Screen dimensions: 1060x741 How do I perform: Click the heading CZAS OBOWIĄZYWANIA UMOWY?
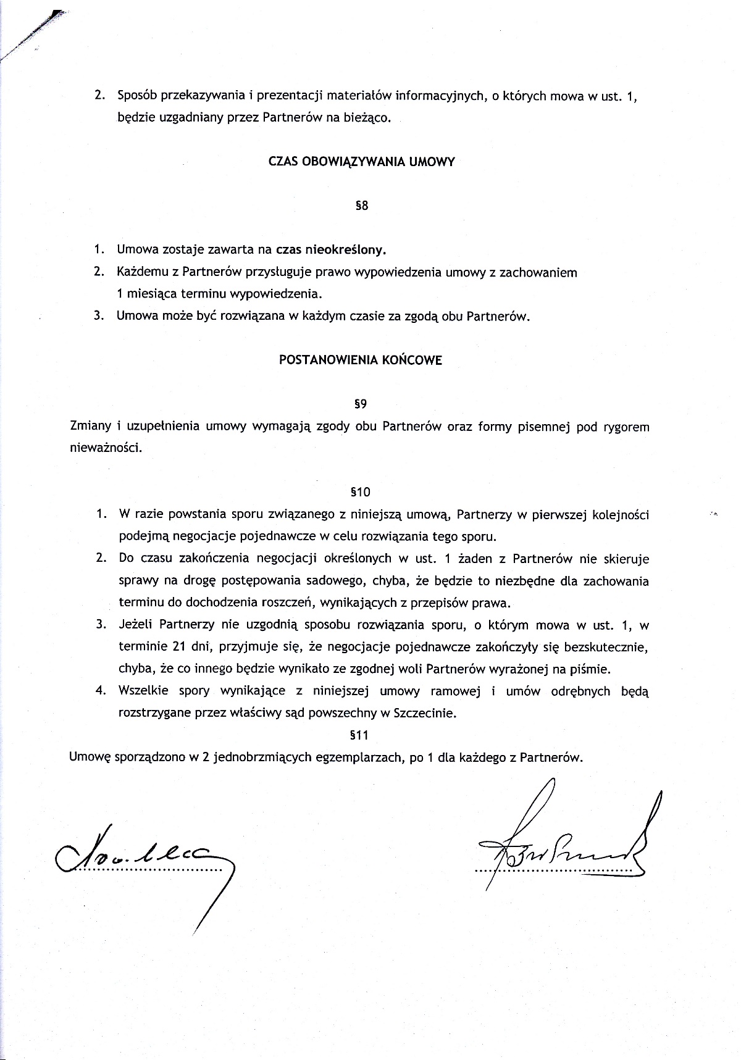pos(362,162)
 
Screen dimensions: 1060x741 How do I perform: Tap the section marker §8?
pos(362,206)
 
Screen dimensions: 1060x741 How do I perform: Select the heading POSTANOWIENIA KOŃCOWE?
pos(361,361)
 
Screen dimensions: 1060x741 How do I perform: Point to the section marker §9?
pos(361,404)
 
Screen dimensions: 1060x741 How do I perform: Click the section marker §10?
pos(360,492)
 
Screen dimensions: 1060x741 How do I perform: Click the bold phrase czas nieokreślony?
pos(331,250)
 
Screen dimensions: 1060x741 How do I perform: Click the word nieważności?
pos(106,448)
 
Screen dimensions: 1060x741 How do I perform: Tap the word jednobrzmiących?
pos(261,757)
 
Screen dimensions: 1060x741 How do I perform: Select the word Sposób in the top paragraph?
pos(137,97)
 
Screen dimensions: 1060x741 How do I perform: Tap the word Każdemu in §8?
pos(141,272)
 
